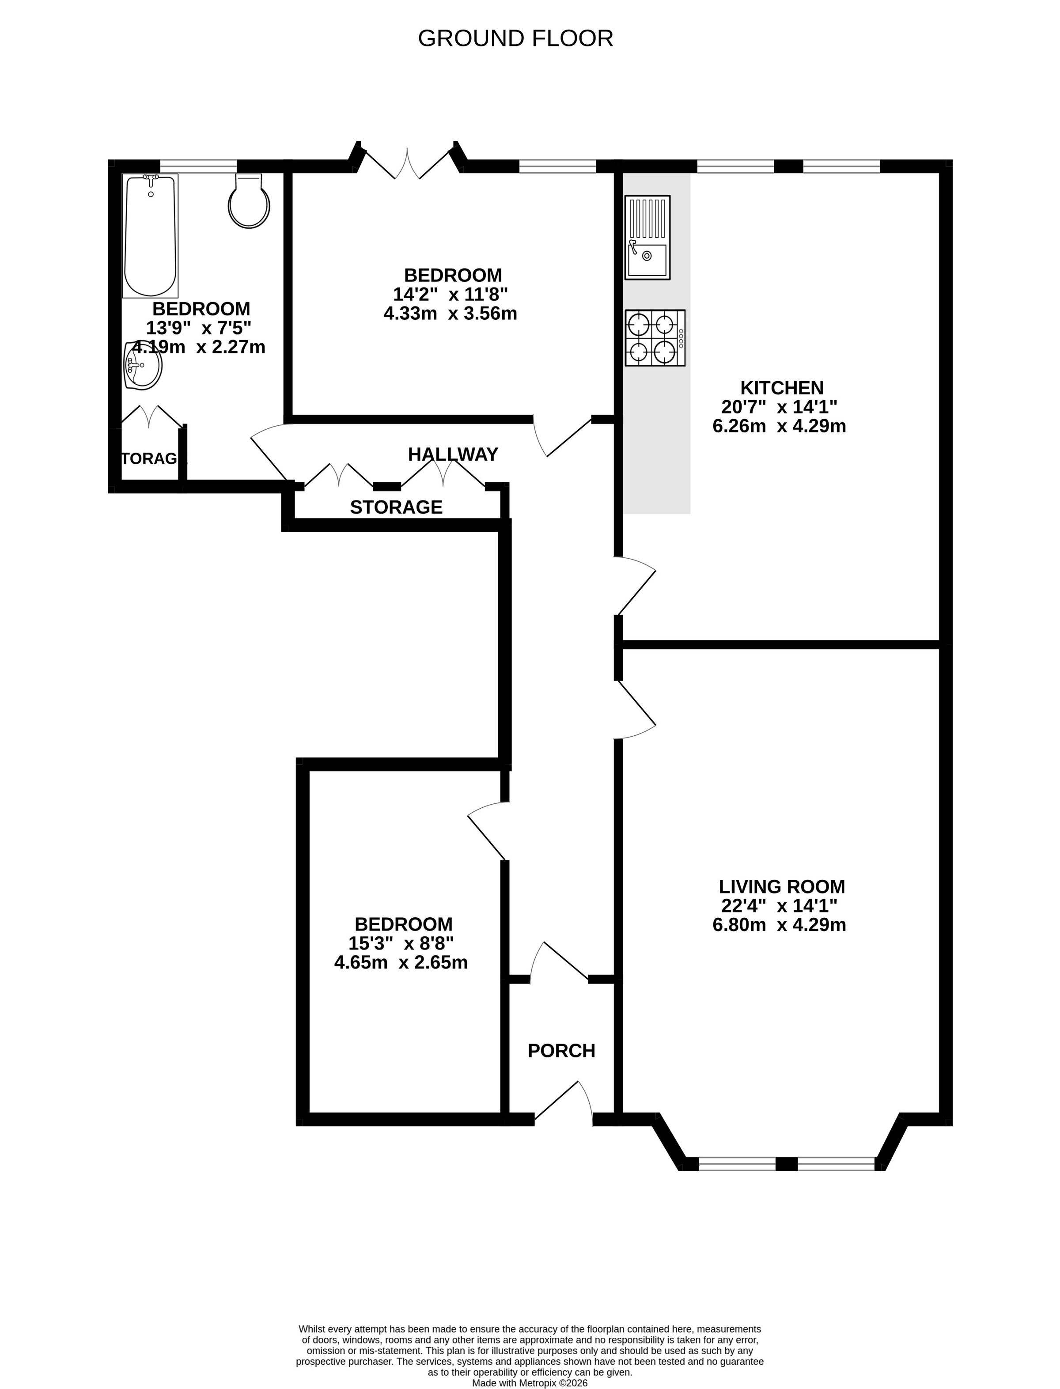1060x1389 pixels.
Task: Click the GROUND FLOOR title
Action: pos(515,38)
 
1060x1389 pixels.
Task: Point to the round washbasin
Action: pos(143,365)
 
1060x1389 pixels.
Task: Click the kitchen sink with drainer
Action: pos(647,237)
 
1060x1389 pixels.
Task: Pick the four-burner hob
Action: pos(655,338)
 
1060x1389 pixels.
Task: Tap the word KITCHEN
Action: pos(782,387)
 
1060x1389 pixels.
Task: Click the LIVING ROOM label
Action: pos(782,886)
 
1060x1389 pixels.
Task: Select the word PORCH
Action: pos(561,1051)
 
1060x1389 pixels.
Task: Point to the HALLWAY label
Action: pos(453,454)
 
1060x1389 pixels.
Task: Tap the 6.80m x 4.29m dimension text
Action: pos(779,925)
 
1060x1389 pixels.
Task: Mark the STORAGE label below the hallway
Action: pos(396,507)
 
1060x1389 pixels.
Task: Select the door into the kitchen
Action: pos(636,585)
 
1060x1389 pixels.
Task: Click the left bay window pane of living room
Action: pos(737,1163)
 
